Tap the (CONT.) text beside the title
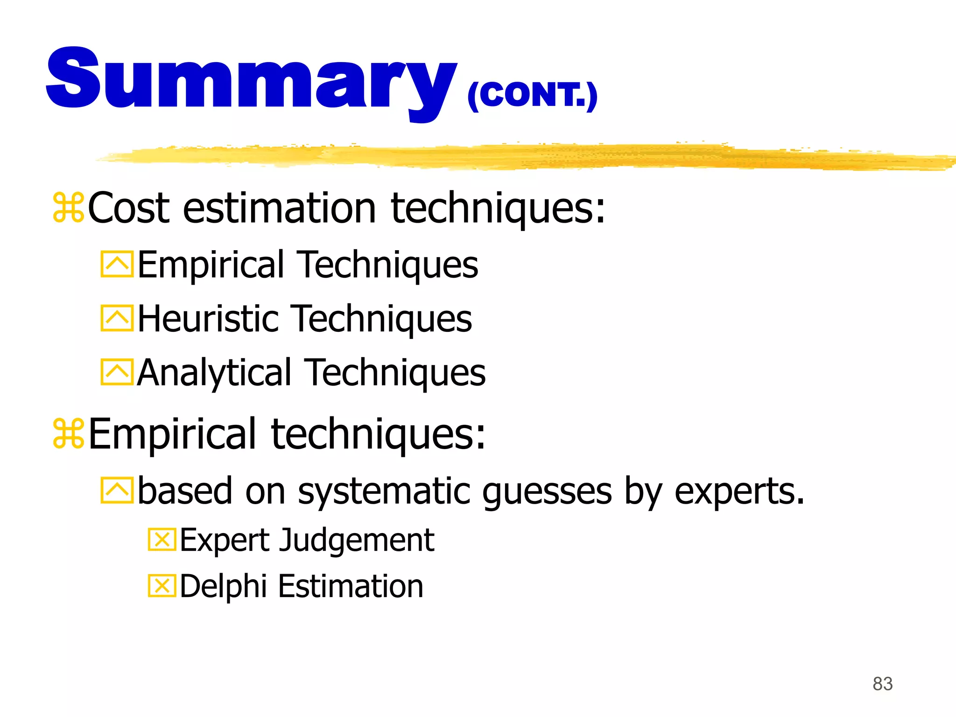(x=532, y=95)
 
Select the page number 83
(x=882, y=684)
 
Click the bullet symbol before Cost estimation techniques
(x=68, y=207)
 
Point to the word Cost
(x=129, y=208)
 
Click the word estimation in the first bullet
(x=279, y=208)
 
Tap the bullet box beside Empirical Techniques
(x=117, y=264)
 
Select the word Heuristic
(x=208, y=318)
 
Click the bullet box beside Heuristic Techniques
(x=117, y=318)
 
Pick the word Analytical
(x=215, y=373)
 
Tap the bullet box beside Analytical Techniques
(x=117, y=372)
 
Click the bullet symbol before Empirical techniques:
(x=68, y=434)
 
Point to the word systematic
(x=386, y=491)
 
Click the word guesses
(x=547, y=492)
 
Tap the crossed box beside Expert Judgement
(x=162, y=540)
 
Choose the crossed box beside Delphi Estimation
(x=162, y=586)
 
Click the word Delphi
(x=223, y=586)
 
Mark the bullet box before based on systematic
(x=117, y=490)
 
